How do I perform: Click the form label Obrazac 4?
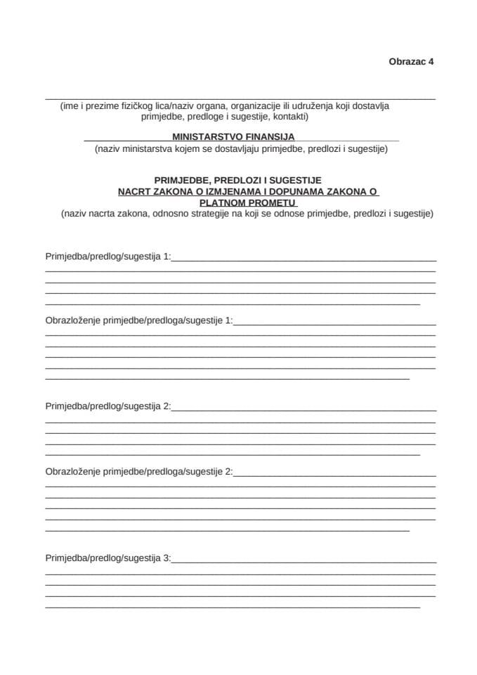[x=411, y=61]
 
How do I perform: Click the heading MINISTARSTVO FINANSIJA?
[x=233, y=137]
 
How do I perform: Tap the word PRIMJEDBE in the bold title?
[x=181, y=180]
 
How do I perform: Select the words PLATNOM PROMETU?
[x=238, y=202]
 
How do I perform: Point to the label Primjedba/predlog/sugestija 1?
[x=107, y=257]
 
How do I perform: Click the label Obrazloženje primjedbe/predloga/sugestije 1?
[x=138, y=321]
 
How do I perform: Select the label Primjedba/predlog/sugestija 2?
[x=107, y=406]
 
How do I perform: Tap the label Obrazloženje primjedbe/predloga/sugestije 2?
[x=138, y=470]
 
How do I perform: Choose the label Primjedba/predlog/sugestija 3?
[x=107, y=559]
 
